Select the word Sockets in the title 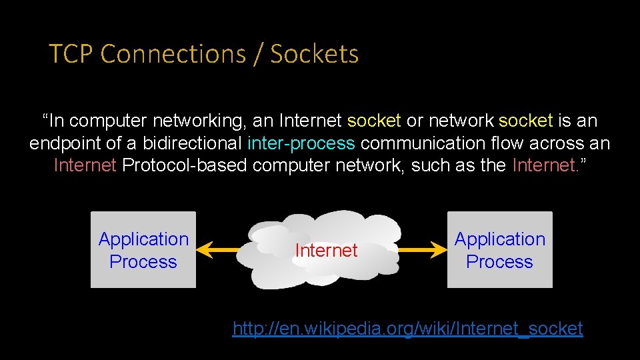(x=314, y=54)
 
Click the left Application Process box (x=143, y=250)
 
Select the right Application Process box (x=499, y=250)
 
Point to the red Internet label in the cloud (x=326, y=251)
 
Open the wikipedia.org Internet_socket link (x=407, y=329)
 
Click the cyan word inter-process (x=301, y=143)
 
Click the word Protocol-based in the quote (x=185, y=165)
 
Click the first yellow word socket (x=374, y=121)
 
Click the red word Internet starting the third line (x=85, y=165)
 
